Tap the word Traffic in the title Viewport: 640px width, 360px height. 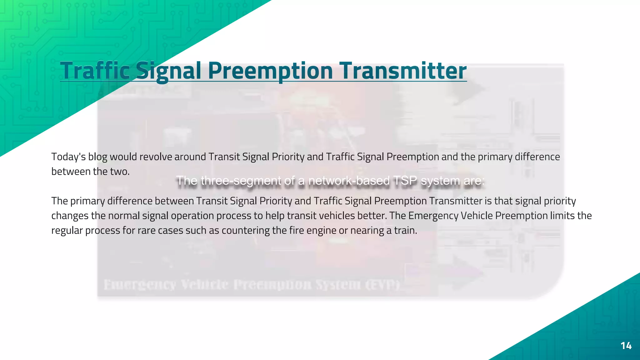(95, 71)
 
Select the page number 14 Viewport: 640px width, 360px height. (626, 346)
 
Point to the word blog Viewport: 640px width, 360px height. (97, 157)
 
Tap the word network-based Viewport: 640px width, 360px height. (349, 181)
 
